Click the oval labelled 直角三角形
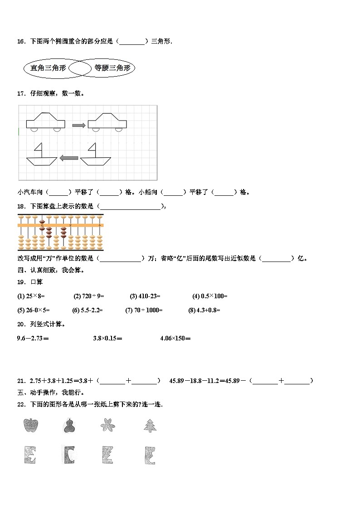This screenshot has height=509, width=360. (x=48, y=68)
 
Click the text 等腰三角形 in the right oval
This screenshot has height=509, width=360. (x=112, y=68)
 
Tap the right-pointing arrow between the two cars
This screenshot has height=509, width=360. (x=79, y=125)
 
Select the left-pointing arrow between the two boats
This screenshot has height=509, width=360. (x=69, y=158)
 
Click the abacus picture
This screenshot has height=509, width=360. (x=60, y=233)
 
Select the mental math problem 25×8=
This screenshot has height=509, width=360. (x=31, y=296)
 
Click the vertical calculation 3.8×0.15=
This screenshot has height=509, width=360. (x=107, y=338)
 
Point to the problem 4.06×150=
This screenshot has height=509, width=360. (x=176, y=338)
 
